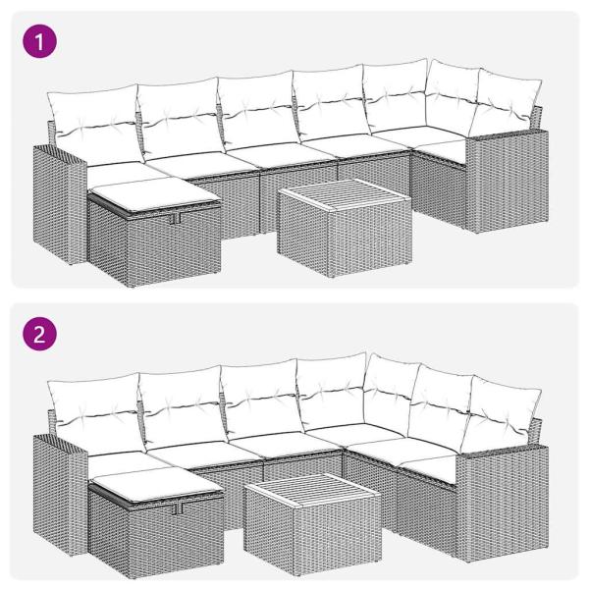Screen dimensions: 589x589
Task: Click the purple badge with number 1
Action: [x=40, y=40]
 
